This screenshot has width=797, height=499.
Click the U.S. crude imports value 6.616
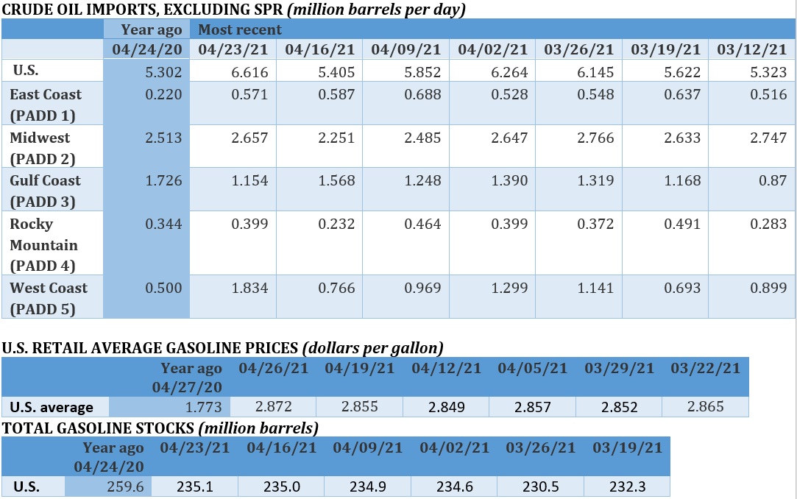point(249,72)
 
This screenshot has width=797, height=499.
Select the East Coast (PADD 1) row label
point(46,105)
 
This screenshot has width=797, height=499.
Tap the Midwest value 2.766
point(595,138)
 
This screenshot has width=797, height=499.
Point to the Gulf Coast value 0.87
point(773,180)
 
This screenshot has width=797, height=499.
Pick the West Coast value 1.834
point(249,288)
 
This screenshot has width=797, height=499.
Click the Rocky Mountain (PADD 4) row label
point(43,244)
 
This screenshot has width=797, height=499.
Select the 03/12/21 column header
point(751,50)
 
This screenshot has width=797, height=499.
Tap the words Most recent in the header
point(240,30)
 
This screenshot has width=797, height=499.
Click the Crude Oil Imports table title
point(233,10)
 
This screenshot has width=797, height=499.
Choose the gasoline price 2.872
point(274,406)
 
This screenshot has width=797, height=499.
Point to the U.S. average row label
point(52,407)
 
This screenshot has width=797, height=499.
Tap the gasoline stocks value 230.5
point(541,486)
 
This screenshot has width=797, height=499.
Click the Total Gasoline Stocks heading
point(160,428)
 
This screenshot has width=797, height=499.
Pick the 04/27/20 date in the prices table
point(187,386)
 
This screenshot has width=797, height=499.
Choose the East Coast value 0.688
point(422,94)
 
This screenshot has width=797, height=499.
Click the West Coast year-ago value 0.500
point(164,288)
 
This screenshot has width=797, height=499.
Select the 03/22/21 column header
point(706,368)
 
